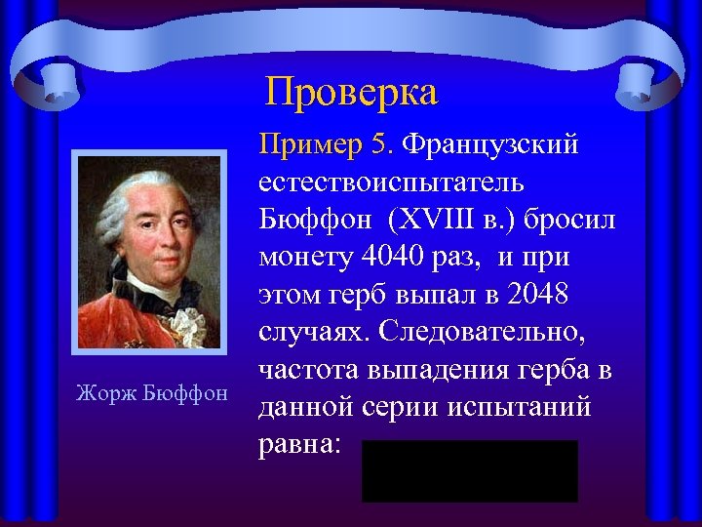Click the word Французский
tap(490, 144)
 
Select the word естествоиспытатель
tap(391, 182)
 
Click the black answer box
tap(469, 470)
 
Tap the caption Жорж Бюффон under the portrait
tap(151, 393)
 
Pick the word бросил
tap(570, 220)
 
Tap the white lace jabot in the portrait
tap(186, 321)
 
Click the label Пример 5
tap(325, 144)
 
